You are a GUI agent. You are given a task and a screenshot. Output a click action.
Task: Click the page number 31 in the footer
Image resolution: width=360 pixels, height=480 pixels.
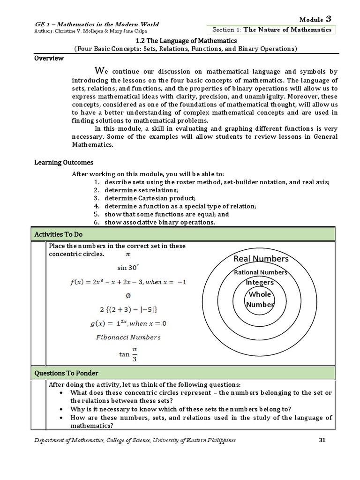(322, 440)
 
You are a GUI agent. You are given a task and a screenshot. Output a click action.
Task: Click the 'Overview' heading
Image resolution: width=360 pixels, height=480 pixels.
(49, 58)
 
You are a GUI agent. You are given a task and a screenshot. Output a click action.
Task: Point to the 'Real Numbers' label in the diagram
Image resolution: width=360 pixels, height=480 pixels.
(261, 259)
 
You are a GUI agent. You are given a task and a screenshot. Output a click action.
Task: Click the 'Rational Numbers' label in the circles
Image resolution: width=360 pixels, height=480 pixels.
(261, 272)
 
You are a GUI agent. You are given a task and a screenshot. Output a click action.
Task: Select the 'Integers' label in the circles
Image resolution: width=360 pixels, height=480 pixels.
(260, 283)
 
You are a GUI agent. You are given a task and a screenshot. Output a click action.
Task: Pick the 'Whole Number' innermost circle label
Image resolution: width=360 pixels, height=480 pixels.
(260, 299)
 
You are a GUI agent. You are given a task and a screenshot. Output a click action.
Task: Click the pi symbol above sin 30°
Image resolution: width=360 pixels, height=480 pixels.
(127, 255)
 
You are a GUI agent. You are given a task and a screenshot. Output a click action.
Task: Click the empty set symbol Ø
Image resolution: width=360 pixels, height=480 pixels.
(128, 296)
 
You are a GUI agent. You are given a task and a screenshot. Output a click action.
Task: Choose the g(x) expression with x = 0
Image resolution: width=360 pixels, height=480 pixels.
(127, 323)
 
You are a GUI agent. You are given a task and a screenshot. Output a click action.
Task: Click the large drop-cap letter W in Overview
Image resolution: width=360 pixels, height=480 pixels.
(98, 71)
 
